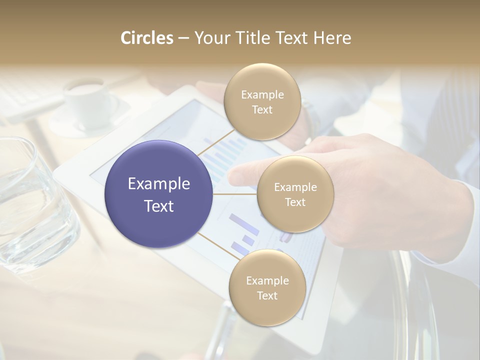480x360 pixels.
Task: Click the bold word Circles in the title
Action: click(146, 38)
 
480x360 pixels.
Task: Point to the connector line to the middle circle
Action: click(235, 194)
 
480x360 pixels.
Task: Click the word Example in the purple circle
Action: click(158, 184)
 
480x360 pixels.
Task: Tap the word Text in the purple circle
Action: click(158, 206)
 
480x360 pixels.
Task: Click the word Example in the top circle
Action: click(262, 94)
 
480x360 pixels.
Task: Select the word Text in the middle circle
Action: click(295, 202)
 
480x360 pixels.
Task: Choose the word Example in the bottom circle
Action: click(267, 280)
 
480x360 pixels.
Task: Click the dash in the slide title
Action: click(183, 38)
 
